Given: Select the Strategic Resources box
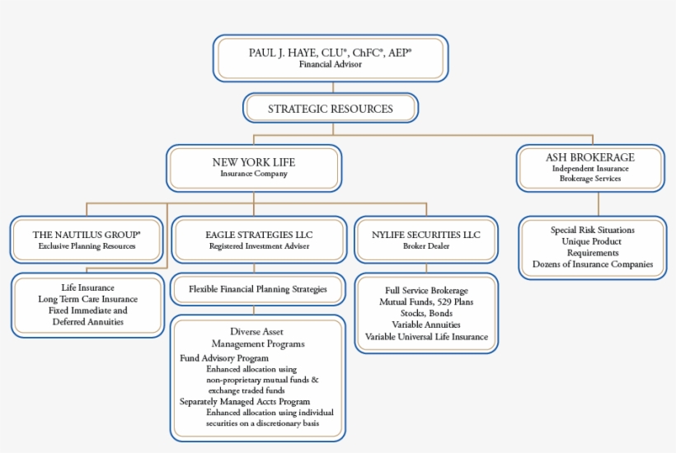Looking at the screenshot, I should click(x=331, y=109).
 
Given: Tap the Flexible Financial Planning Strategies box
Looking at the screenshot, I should click(x=258, y=289).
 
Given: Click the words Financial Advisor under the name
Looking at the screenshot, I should click(x=330, y=64).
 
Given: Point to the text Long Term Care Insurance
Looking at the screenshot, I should click(x=87, y=299).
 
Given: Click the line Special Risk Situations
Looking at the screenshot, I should click(x=593, y=230).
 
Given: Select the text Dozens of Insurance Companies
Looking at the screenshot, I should click(x=593, y=264).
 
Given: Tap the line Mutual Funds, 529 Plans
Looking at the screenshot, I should click(x=426, y=302).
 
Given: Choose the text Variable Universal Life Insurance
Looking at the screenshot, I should click(x=426, y=337).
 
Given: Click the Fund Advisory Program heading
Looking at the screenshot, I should click(x=224, y=358).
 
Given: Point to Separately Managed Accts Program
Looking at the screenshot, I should click(x=239, y=401).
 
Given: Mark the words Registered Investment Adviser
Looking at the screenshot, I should click(x=258, y=245).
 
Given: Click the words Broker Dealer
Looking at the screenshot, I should click(x=426, y=245).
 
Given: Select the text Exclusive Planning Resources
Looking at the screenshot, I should click(x=87, y=245).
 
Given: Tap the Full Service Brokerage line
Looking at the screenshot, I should click(x=426, y=291).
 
